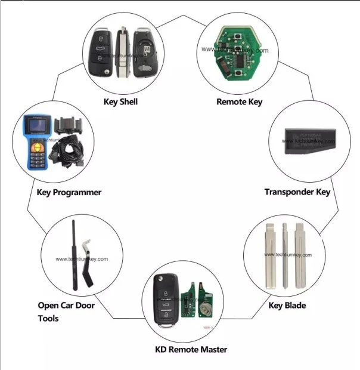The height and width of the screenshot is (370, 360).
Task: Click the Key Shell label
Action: pyautogui.click(x=120, y=101)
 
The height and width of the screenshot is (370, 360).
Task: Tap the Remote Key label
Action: pyautogui.click(x=239, y=101)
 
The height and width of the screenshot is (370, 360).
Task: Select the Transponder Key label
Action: pyautogui.click(x=297, y=192)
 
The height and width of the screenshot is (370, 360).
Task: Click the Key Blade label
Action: pyautogui.click(x=287, y=306)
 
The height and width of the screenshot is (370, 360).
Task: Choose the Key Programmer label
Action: pyautogui.click(x=69, y=192)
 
